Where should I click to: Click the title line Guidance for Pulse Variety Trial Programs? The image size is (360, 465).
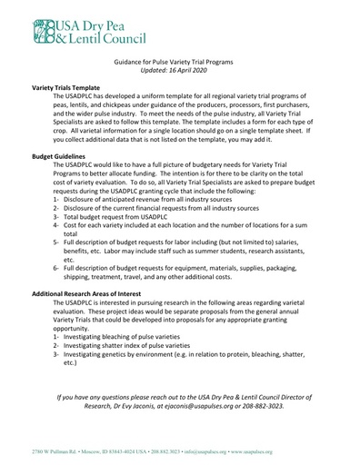click(179, 58)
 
